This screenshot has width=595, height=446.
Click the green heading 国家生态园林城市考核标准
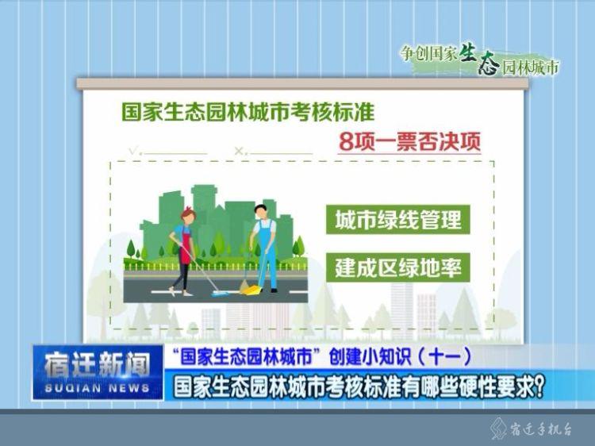[x=248, y=112]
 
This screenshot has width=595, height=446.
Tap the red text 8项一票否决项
[x=410, y=142]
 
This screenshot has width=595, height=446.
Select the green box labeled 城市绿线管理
[x=398, y=219]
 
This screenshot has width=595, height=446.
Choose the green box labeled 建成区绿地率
[x=398, y=267]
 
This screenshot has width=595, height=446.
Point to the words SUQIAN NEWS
[x=98, y=388]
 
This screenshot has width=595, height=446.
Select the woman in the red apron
[x=183, y=252]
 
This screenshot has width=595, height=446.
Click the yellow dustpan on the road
[x=252, y=290]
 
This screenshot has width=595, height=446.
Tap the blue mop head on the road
[x=221, y=293]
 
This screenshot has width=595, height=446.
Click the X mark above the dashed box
[x=239, y=151]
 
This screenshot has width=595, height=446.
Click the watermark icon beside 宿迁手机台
[x=498, y=429]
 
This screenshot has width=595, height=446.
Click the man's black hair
[x=261, y=208]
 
